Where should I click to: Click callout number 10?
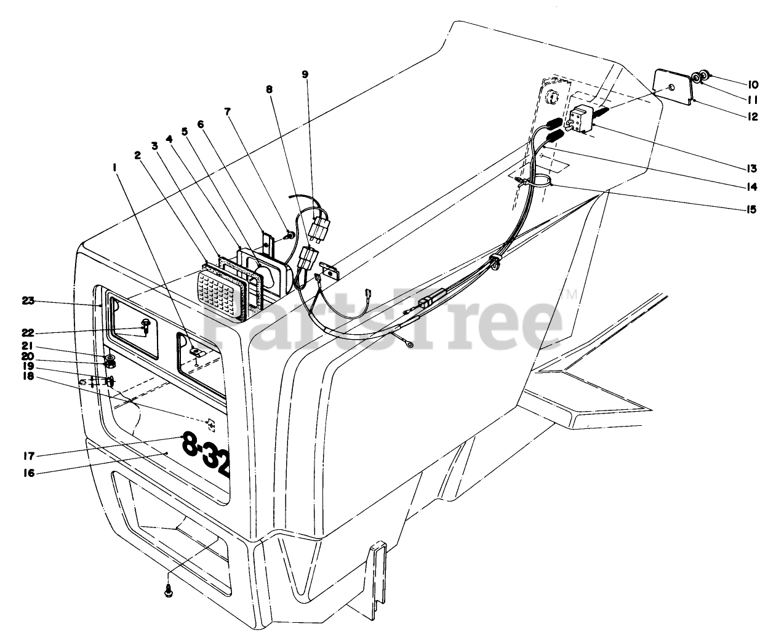[753, 84]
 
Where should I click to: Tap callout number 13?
[752, 168]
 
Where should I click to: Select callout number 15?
[752, 210]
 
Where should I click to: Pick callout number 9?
[305, 74]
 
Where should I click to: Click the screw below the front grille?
[169, 591]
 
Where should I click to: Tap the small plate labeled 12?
[672, 85]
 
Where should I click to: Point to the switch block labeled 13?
[582, 118]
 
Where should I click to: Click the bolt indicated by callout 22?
[146, 324]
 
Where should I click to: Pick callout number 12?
[753, 116]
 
